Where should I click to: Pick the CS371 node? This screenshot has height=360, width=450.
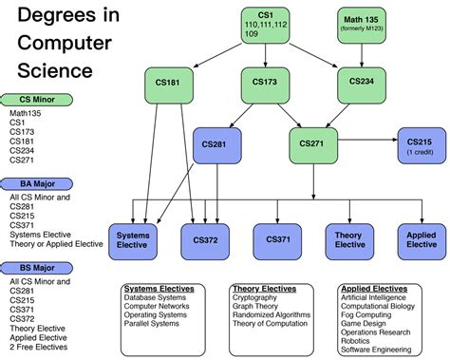(278, 239)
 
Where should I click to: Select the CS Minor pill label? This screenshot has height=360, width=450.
(37, 99)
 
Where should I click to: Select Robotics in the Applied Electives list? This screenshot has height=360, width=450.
(359, 340)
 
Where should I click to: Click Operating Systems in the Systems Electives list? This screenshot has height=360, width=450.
(156, 314)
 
